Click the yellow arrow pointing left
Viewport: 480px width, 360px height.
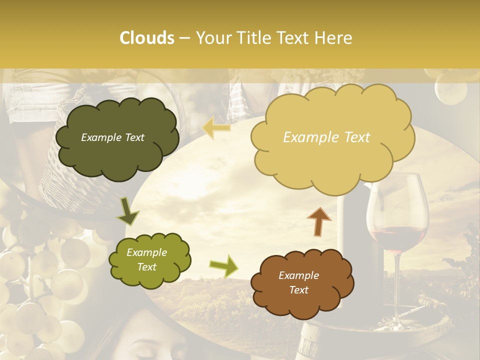click(216, 129)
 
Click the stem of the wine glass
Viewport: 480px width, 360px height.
click(398, 285)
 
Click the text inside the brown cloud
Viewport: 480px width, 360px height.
click(298, 282)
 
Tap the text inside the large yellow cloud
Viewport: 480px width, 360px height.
click(326, 137)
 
